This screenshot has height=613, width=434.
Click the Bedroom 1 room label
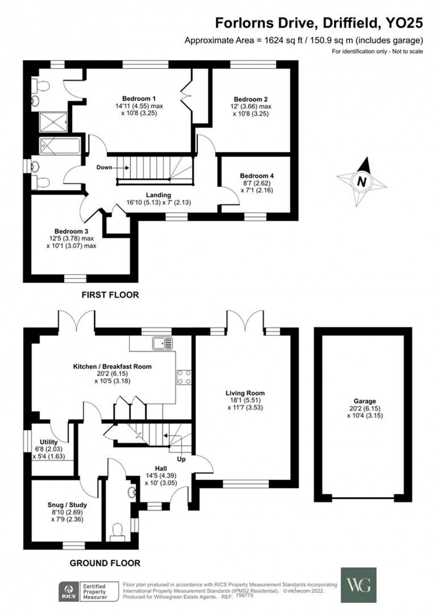point(139,98)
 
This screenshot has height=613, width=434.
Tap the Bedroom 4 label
point(254,176)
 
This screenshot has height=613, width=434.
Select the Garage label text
point(364,401)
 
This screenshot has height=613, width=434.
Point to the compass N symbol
point(362,181)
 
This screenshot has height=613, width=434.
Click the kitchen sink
point(162,343)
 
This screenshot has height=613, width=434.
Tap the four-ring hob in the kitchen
point(184,377)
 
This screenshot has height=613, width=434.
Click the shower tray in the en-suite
point(53,122)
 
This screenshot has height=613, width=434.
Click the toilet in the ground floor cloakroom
point(117,530)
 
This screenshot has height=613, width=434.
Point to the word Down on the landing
point(105,167)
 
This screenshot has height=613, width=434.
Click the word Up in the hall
point(181,459)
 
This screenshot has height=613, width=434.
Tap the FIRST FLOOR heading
point(110,295)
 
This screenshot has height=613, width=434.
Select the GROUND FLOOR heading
point(105,563)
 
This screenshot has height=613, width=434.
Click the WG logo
point(358,585)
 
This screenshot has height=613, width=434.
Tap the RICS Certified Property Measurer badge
point(89,592)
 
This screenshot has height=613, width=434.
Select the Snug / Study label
point(67,505)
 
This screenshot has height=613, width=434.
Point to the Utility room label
point(49,442)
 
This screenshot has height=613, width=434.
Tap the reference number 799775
point(244,596)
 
